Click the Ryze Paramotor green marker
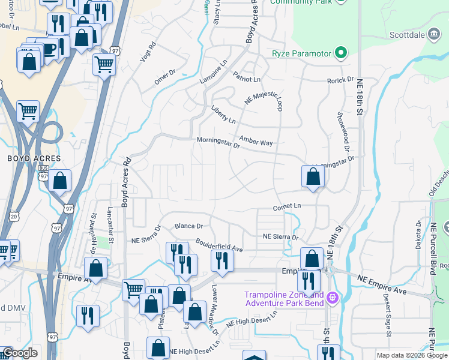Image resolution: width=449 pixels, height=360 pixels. [x=341, y=54]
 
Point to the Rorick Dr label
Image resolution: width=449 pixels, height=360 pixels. [x=340, y=80]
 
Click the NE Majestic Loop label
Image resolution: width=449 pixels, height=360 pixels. [x=262, y=100]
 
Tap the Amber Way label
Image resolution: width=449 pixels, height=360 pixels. [x=256, y=143]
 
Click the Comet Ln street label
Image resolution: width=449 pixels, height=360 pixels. [x=286, y=206]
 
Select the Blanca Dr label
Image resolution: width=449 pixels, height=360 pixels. [x=189, y=226]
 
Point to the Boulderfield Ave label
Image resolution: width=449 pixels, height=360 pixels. [x=218, y=245]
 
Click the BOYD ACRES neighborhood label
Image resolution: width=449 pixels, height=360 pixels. [x=34, y=158]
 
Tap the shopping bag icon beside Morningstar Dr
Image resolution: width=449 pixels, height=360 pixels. [x=313, y=177]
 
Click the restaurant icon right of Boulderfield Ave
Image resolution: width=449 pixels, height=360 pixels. [x=222, y=261]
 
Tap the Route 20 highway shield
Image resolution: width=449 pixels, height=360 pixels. [x=15, y=215]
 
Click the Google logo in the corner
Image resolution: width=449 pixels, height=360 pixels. [x=20, y=353]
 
